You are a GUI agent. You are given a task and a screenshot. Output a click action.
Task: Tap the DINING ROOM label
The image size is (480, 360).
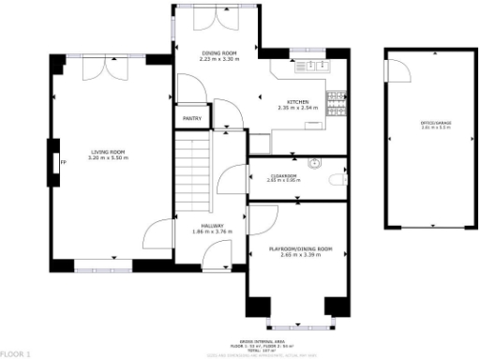click(219, 52)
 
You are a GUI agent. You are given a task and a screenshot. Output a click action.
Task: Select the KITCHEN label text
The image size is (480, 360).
click(297, 100)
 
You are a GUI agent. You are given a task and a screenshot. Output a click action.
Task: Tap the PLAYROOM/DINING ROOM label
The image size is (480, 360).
click(300, 248)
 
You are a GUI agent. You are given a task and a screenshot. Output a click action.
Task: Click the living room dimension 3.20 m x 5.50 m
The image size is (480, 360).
click(108, 158)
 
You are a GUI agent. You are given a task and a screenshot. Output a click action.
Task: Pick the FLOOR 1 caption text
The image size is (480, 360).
click(16, 353)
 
